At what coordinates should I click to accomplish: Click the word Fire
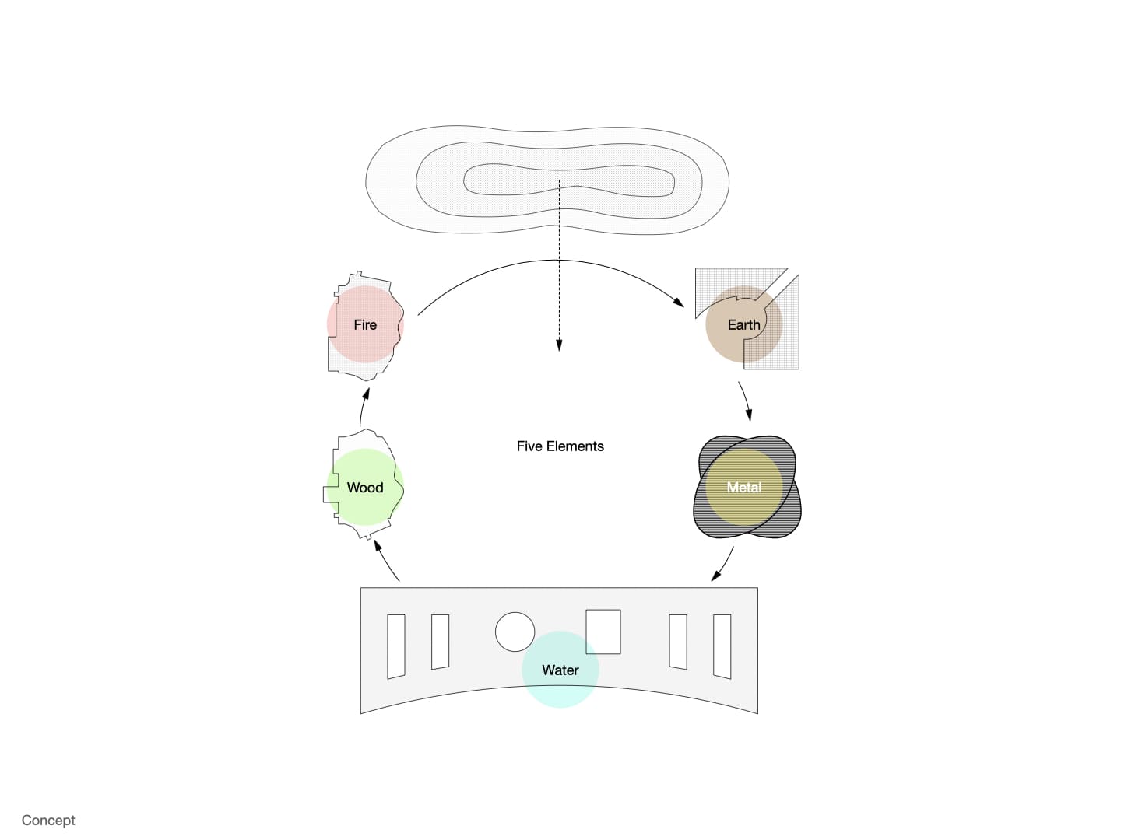point(364,325)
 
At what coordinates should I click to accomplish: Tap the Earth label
point(743,325)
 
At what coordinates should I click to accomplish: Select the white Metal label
point(743,487)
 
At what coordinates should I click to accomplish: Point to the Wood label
point(364,488)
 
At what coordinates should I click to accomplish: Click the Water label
point(560,670)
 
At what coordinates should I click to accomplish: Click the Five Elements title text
point(560,446)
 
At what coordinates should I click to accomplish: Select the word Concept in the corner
point(48,820)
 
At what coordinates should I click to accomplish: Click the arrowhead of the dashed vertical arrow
point(559,345)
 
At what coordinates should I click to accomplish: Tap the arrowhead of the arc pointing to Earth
point(680,303)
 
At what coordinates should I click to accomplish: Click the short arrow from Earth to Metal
point(746,401)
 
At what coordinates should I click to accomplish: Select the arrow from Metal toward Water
point(724,565)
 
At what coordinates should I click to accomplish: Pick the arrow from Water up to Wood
point(385,561)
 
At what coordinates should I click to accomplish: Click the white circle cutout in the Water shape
point(515,632)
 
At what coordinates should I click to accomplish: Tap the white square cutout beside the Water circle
point(603,632)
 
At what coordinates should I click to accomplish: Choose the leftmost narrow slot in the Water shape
point(395,646)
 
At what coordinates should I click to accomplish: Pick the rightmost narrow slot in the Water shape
point(722,646)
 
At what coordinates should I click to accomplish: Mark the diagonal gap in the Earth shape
point(778,288)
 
